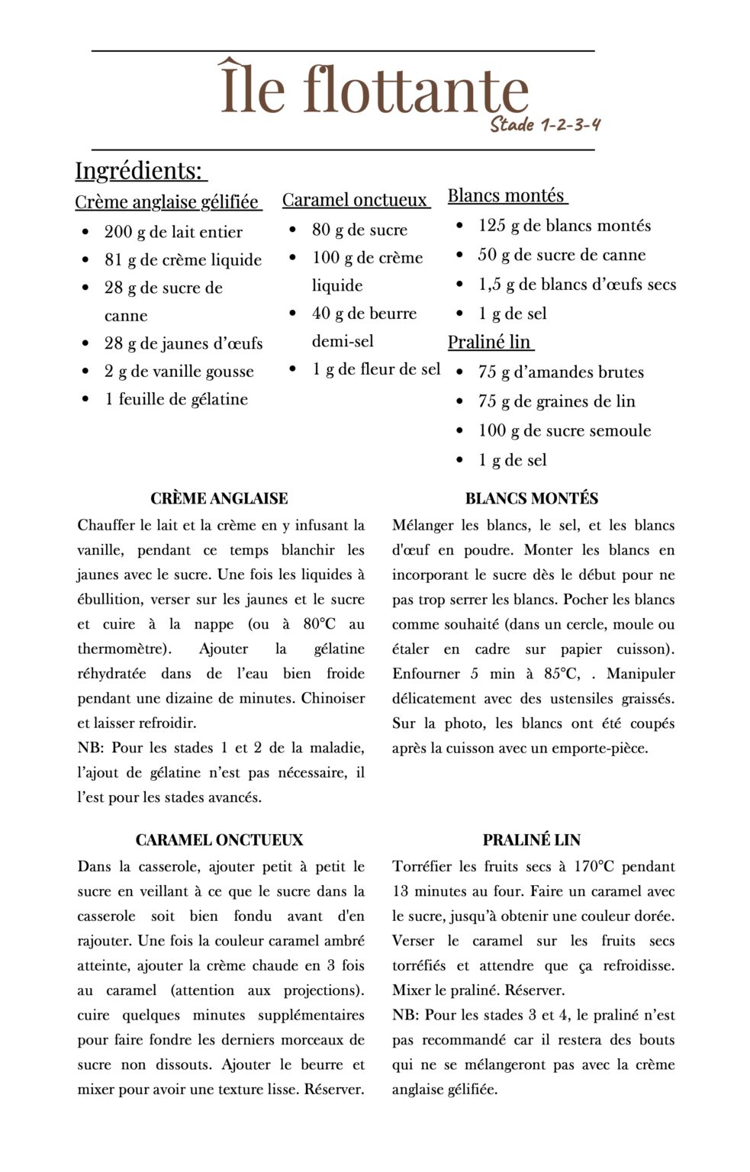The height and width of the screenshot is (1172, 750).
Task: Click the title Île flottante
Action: [374, 89]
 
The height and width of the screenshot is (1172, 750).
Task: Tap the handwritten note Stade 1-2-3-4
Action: [545, 124]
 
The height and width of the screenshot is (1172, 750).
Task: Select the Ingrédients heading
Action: [140, 170]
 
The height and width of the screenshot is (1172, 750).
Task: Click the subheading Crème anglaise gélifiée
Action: [167, 202]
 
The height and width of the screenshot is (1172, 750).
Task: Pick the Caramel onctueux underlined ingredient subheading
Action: [355, 200]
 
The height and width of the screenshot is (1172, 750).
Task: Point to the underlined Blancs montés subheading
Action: [506, 195]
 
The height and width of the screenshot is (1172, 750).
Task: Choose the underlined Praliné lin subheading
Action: [489, 342]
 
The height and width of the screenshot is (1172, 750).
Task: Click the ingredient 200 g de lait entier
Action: [173, 232]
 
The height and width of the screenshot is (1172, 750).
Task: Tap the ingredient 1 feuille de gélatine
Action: [176, 399]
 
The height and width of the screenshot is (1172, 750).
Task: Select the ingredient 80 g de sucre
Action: [359, 230]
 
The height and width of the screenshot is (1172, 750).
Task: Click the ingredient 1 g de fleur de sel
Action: [376, 369]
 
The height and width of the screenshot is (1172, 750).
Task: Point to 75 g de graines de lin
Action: [556, 401]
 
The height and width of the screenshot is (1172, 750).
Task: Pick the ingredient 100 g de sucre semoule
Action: [565, 430]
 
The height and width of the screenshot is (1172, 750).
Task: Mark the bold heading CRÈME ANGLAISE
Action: [219, 499]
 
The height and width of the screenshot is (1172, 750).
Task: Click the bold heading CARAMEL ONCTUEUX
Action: [219, 840]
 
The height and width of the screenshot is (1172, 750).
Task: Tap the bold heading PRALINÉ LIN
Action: [532, 840]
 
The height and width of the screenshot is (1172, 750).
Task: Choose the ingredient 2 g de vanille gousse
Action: [179, 372]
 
